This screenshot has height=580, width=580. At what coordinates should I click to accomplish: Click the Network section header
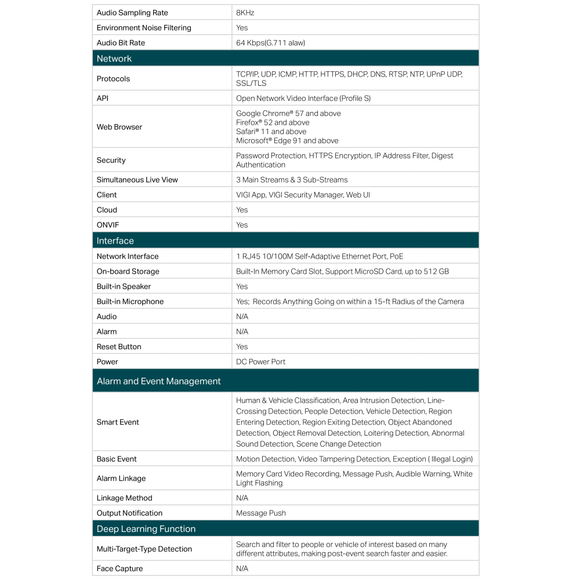[x=114, y=59]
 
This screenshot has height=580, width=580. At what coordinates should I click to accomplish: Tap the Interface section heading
[x=115, y=241]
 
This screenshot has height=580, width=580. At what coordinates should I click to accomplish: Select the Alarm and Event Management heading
[x=158, y=381]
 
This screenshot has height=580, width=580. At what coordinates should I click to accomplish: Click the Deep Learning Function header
[x=146, y=529]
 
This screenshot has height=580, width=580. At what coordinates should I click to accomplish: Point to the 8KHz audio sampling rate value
[x=245, y=13]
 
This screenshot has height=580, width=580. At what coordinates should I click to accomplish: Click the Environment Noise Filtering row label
[x=144, y=28]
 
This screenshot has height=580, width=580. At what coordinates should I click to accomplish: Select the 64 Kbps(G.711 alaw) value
[x=270, y=43]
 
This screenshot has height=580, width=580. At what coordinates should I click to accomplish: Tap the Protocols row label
[x=113, y=79]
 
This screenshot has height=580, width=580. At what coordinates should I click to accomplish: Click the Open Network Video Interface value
[x=303, y=99]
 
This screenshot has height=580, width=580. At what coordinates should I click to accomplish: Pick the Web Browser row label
[x=119, y=127]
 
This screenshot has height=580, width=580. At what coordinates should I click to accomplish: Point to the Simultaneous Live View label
[x=137, y=180]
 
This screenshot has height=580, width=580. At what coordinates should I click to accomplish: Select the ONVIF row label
[x=107, y=225]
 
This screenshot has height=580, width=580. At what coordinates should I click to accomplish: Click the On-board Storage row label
[x=128, y=271]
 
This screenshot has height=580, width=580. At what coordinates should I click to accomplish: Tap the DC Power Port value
[x=261, y=362]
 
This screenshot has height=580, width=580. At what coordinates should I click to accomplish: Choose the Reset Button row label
[x=119, y=347]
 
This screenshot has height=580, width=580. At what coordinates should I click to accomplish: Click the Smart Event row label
[x=118, y=422]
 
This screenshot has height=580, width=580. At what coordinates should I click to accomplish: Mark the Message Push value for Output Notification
[x=261, y=513]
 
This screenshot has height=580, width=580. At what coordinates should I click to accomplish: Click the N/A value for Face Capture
[x=242, y=569]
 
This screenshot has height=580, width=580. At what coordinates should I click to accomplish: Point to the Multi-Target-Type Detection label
[x=144, y=549]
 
